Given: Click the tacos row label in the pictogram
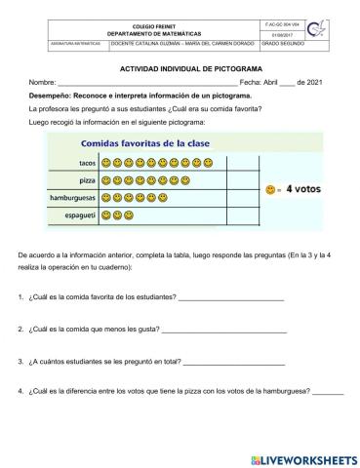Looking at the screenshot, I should [x=86, y=163].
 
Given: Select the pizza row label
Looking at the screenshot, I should [x=87, y=180].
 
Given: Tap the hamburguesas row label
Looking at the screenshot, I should [x=74, y=197].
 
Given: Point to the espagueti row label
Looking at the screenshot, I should [x=80, y=214].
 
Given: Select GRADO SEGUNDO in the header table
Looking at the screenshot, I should [x=281, y=44].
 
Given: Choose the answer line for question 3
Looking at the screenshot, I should [x=230, y=363].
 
